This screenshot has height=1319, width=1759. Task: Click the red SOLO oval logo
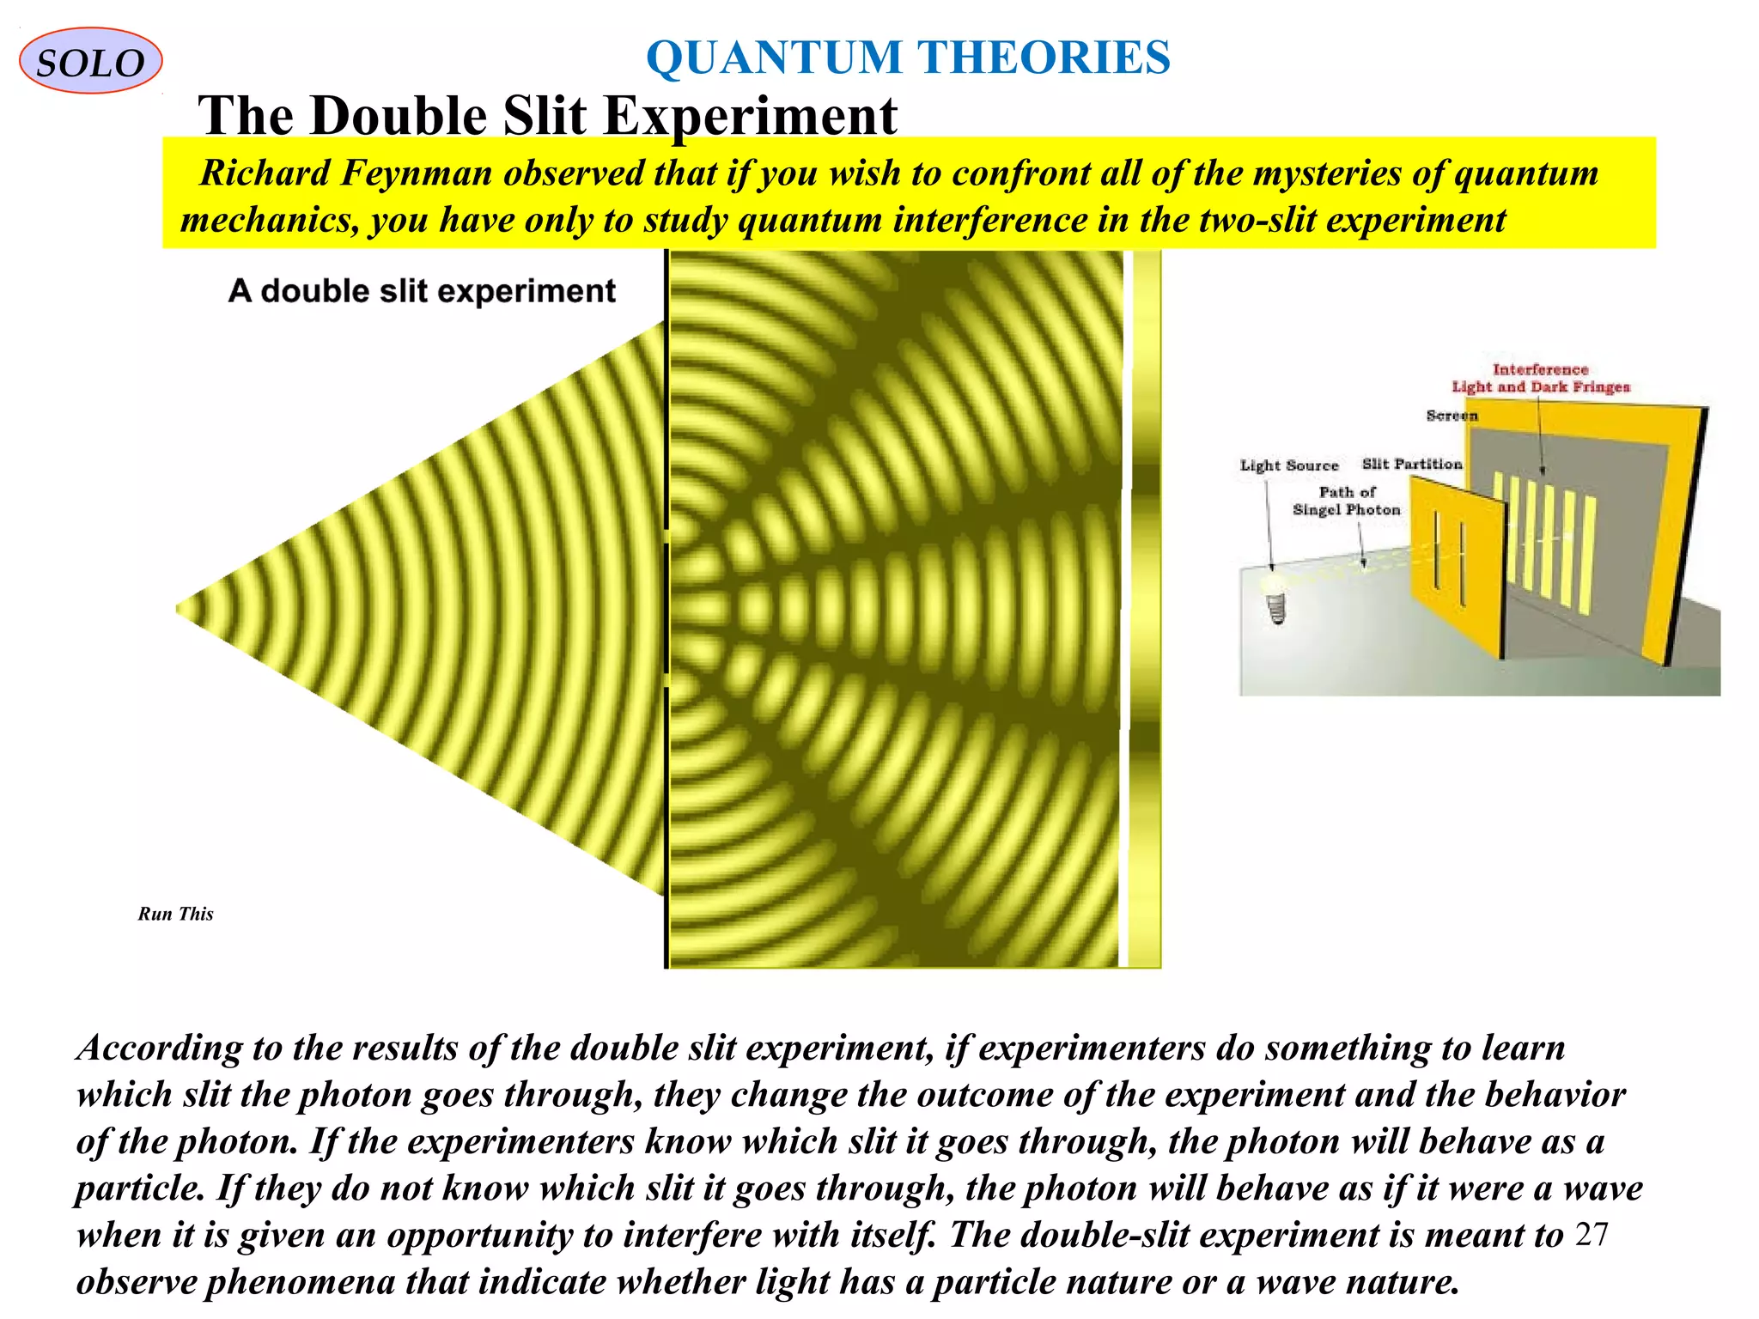[90, 61]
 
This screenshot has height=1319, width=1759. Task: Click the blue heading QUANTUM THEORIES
[908, 58]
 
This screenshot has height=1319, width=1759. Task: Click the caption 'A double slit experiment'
[422, 291]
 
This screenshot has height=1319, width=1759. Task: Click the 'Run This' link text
[175, 914]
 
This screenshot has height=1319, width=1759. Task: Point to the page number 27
[1592, 1234]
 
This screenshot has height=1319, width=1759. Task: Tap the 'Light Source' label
[1288, 465]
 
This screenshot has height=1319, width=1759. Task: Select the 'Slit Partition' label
[1411, 464]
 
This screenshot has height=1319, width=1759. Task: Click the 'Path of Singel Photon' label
[1346, 501]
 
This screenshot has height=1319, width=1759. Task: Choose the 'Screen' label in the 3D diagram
[1452, 416]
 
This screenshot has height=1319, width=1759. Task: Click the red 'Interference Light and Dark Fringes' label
[1540, 378]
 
